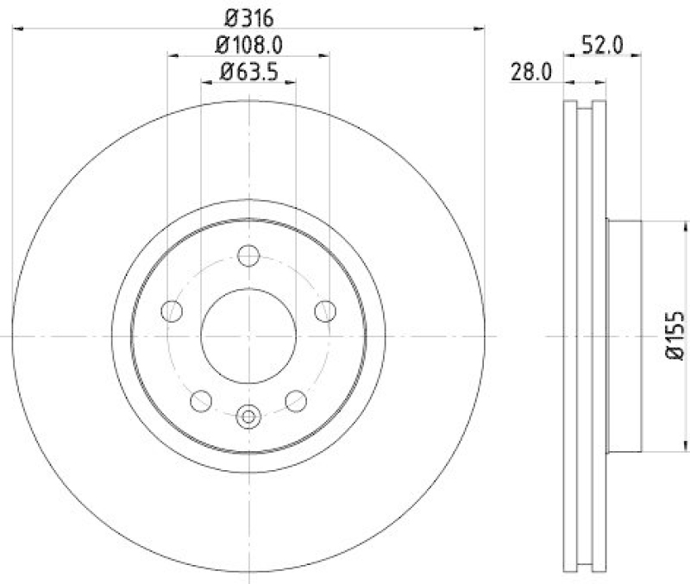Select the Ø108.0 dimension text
coord(248,44)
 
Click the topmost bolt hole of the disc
coord(248,255)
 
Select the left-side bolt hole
coord(172,311)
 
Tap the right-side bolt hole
coord(325,311)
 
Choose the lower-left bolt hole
coord(201,400)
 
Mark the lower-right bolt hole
coord(296,400)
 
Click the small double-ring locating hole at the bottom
coord(248,417)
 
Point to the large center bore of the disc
coord(248,335)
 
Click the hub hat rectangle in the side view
coord(624,336)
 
